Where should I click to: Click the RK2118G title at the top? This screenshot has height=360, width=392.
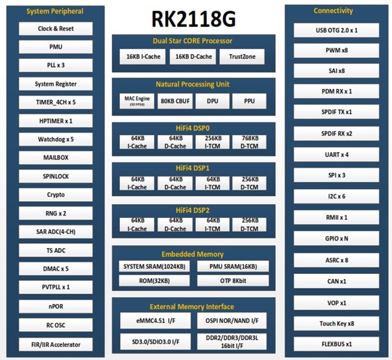click(193, 18)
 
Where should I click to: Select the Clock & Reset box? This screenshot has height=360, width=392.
click(55, 29)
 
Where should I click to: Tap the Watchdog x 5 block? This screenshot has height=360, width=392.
click(55, 139)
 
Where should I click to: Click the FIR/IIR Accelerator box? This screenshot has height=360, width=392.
click(55, 344)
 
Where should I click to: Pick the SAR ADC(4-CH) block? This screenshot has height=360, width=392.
click(55, 232)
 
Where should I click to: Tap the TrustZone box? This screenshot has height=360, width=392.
click(242, 57)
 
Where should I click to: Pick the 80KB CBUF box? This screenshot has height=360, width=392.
click(175, 101)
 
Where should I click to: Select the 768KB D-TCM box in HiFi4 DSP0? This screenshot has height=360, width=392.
click(249, 142)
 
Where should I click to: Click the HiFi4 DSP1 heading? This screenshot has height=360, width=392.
click(193, 168)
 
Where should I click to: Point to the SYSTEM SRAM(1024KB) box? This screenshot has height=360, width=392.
click(153, 266)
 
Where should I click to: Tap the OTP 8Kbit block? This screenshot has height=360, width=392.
click(233, 280)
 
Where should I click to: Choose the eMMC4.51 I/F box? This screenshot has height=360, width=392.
click(153, 321)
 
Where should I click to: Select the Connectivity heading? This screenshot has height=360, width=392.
click(334, 11)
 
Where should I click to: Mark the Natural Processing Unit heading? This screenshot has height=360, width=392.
click(193, 84)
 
